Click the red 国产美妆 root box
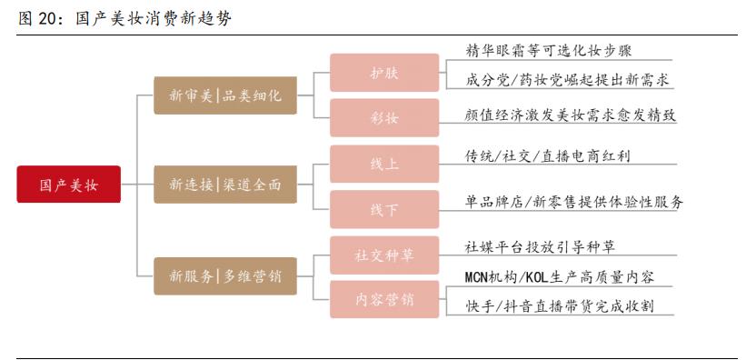68,185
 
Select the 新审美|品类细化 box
225,95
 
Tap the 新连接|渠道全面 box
225,185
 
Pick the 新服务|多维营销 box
225,275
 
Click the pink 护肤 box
383,73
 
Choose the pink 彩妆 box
383,118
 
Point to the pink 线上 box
383,165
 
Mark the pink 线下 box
383,209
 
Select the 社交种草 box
383,255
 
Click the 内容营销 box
383,299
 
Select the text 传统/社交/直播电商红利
547,155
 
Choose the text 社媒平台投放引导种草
540,246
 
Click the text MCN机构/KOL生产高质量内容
559,276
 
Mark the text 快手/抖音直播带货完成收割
559,305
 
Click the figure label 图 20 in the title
38,18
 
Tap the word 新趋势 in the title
206,18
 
